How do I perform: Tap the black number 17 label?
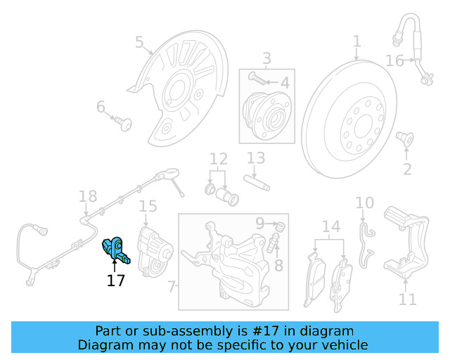coord(115,281)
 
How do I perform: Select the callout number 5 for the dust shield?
coord(139,44)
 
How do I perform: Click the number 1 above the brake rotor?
coord(356,41)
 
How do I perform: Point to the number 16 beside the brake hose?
coord(394,61)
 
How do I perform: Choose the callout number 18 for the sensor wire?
coord(87,196)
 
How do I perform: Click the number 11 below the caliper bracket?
coord(408,300)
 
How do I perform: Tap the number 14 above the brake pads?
coord(330,226)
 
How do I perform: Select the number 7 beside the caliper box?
coord(171,286)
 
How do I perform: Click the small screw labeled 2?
coord(405,137)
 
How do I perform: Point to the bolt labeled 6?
coord(124,124)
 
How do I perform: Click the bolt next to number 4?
coord(258,81)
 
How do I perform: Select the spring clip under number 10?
coord(365,243)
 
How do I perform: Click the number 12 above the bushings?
coord(219,159)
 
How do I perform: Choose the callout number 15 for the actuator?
coord(147,207)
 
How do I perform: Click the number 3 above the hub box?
coord(266,58)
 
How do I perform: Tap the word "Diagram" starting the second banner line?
coord(105,345)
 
